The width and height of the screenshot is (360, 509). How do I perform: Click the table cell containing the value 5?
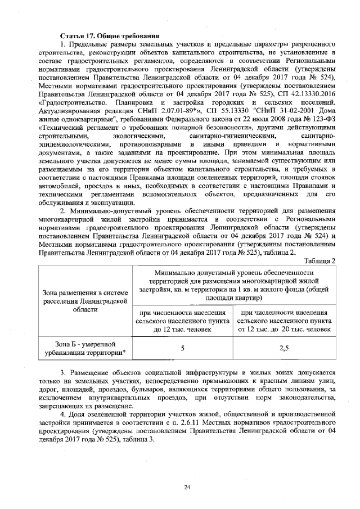[183, 349]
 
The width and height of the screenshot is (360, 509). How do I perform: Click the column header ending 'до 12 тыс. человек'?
[183, 321]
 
